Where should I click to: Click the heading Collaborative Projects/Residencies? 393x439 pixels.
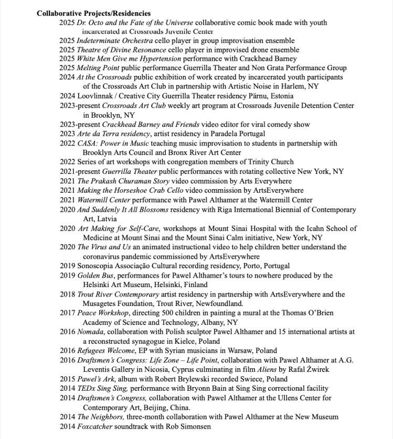(x=93, y=13)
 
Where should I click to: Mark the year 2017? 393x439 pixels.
(x=67, y=313)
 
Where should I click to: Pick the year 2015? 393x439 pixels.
(x=67, y=379)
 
